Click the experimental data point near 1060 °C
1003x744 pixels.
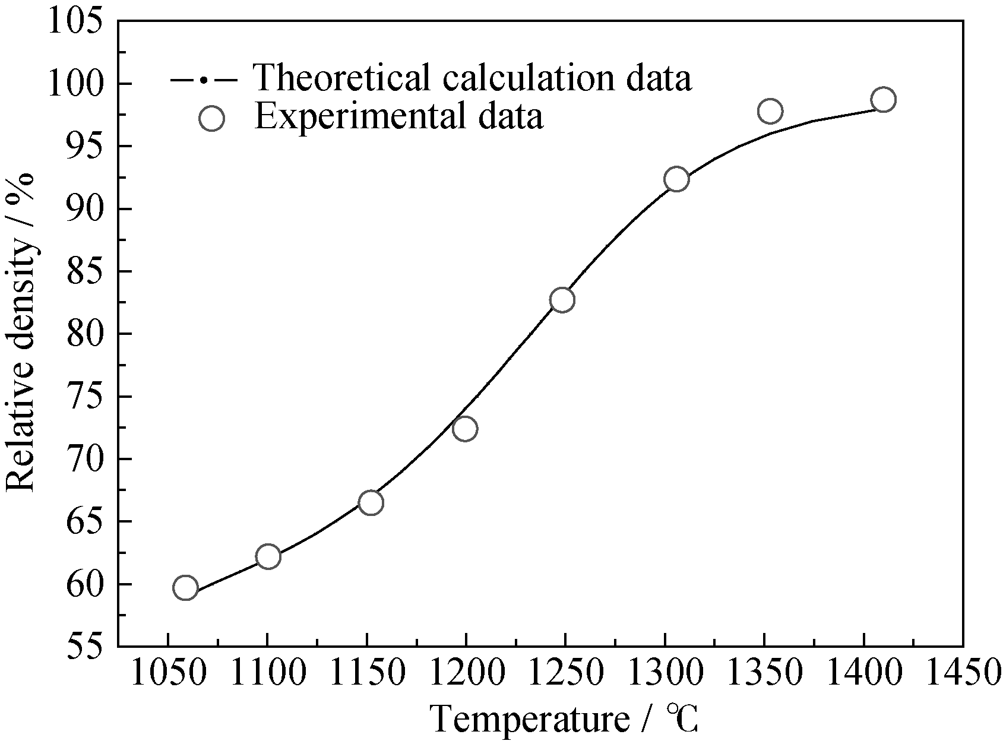(x=185, y=588)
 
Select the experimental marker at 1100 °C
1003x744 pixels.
(x=268, y=556)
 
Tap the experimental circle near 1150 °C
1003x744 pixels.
(x=371, y=503)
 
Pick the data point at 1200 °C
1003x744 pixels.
(x=465, y=428)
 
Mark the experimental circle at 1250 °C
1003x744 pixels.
(x=562, y=300)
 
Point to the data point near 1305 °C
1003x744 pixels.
(x=676, y=179)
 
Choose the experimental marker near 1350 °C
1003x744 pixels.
(x=770, y=111)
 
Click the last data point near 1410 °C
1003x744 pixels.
(x=884, y=100)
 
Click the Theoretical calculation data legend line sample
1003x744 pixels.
(x=204, y=79)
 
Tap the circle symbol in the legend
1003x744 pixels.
(x=212, y=118)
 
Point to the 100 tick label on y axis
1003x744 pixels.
(x=83, y=84)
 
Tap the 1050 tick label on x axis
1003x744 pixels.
(x=169, y=675)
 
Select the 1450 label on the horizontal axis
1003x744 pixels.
(x=962, y=675)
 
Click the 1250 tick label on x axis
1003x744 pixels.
(x=565, y=675)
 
